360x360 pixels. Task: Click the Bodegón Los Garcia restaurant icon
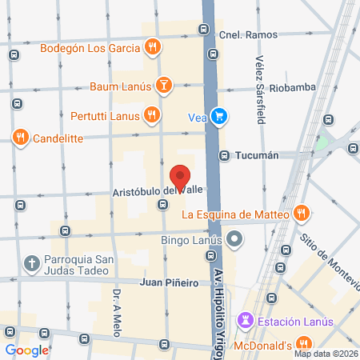tap(151, 46)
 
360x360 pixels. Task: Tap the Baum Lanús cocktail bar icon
tap(163, 84)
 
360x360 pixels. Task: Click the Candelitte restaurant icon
tap(21, 138)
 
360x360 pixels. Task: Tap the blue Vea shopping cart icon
tap(219, 117)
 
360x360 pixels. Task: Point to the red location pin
tap(181, 178)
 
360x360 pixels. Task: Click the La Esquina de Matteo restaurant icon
tap(301, 214)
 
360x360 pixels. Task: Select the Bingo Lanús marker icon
tap(234, 238)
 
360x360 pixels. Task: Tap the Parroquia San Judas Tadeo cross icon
tap(31, 262)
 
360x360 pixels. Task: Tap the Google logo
tap(27, 350)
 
